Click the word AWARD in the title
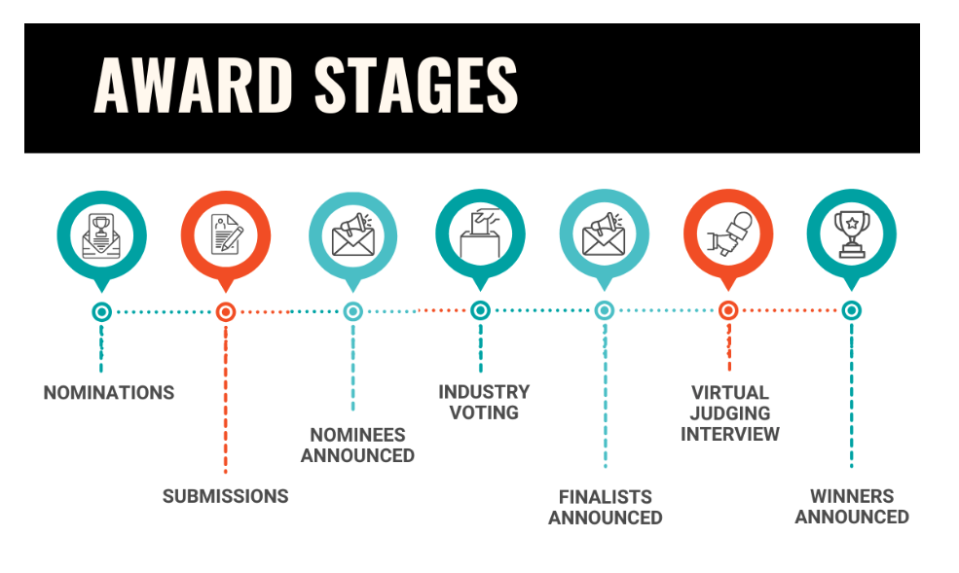pos(194,85)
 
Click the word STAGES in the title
pos(417,85)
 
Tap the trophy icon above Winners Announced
pos(851,234)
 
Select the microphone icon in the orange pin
pos(729,233)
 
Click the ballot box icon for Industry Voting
pos(481,233)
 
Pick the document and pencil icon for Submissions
pos(226,234)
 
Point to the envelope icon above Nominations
pos(101,235)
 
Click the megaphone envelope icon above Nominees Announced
pos(353,234)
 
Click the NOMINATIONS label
pos(109,392)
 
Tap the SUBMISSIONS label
pos(226,496)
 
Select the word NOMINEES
pos(357,435)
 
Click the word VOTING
pos(485,412)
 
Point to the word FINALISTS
pos(606,497)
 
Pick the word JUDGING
pos(730,413)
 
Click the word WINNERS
pos(852,496)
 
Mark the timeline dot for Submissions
pos(226,312)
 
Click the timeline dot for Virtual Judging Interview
pos(728,311)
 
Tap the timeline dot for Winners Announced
pos(851,311)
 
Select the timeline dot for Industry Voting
pos(480,311)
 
